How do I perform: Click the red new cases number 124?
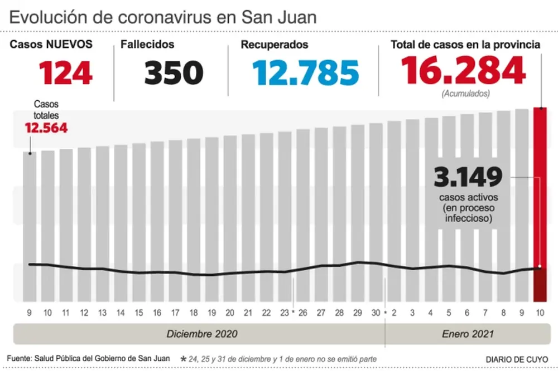[66, 73]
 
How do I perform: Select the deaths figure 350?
[174, 73]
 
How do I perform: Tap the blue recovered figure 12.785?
[305, 73]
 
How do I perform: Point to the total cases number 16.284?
[463, 71]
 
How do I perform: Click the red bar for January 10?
[540, 204]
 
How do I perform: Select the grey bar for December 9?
[30, 226]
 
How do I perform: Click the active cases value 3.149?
[468, 178]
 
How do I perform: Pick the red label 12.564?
[46, 128]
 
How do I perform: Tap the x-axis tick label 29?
[358, 313]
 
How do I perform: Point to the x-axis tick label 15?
[139, 313]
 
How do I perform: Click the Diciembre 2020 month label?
[202, 334]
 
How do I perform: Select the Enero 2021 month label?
[468, 334]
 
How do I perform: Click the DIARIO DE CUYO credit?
[516, 359]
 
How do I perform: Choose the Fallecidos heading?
[148, 45]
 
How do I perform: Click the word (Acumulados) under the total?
[466, 94]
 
